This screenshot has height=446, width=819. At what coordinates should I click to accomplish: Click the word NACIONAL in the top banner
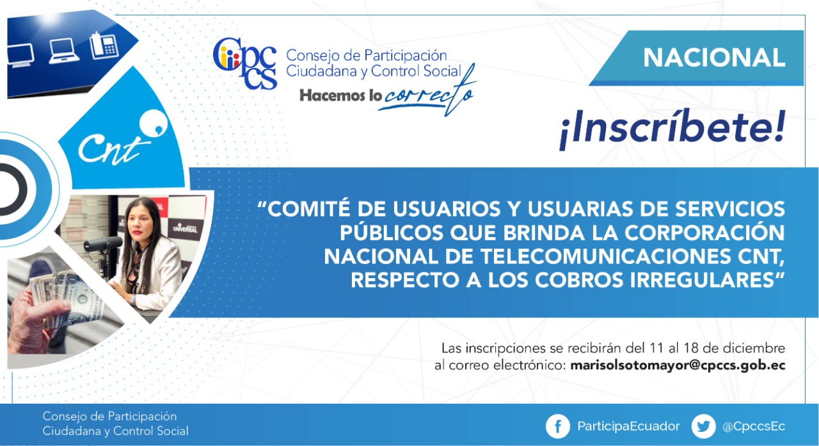click(x=714, y=58)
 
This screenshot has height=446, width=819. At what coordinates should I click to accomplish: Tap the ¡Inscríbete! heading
click(x=672, y=129)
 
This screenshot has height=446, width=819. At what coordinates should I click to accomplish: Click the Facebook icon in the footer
click(x=557, y=426)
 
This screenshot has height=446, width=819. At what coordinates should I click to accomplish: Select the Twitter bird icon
click(x=703, y=426)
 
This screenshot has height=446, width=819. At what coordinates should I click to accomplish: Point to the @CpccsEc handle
click(x=754, y=427)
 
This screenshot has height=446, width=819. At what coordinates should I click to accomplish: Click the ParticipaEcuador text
click(x=628, y=426)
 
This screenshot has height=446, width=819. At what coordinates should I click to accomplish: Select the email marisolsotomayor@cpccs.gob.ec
click(x=678, y=365)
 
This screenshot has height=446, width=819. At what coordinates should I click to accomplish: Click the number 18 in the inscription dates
click(x=690, y=348)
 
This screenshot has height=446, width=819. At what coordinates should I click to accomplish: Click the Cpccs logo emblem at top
click(x=245, y=63)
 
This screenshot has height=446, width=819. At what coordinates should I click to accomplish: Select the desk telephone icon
click(x=104, y=45)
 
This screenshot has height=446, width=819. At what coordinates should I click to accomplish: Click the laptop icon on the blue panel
click(x=63, y=51)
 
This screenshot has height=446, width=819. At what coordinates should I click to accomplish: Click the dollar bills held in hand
click(x=62, y=297)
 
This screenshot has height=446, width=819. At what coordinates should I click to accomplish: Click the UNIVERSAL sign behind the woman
click(x=185, y=228)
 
